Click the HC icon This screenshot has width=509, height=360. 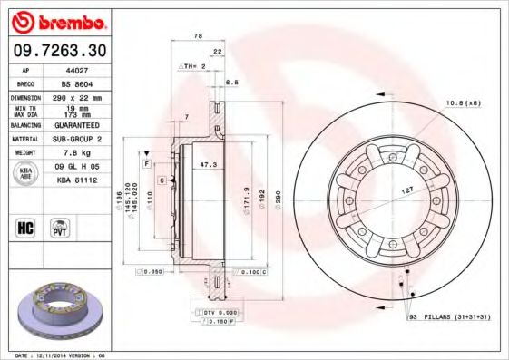(24, 227)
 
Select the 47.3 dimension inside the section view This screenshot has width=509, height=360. (208, 165)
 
